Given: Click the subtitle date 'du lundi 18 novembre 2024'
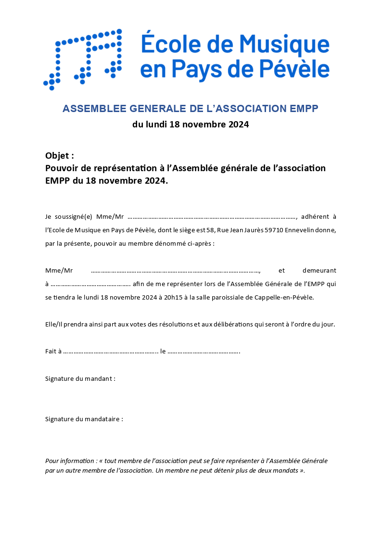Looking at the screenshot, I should point(191,125).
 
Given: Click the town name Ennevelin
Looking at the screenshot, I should point(301,230).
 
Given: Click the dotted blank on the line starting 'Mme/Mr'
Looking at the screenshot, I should point(176,270).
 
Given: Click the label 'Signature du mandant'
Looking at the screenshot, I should point(79,378).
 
